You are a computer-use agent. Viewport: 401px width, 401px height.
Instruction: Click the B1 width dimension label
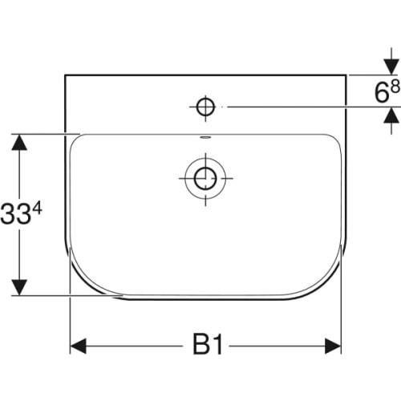click(x=209, y=346)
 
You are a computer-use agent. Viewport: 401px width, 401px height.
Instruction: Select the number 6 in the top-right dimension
click(x=381, y=95)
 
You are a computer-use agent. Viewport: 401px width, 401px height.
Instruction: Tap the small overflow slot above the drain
click(x=205, y=138)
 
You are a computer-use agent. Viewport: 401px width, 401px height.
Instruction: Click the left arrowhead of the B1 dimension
click(x=79, y=346)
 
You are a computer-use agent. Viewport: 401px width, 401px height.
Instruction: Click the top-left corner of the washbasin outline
click(x=65, y=75)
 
